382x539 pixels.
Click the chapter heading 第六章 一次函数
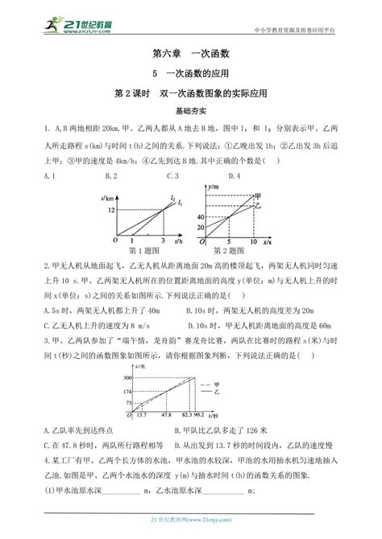click(x=190, y=55)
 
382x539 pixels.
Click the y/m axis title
click(x=214, y=187)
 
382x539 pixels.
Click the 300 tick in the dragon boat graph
click(x=127, y=377)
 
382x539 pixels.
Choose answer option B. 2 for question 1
click(x=111, y=175)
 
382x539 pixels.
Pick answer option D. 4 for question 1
click(x=235, y=175)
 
